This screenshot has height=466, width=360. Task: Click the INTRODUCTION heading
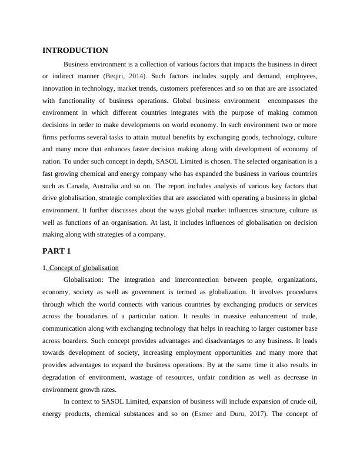pos(75,51)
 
